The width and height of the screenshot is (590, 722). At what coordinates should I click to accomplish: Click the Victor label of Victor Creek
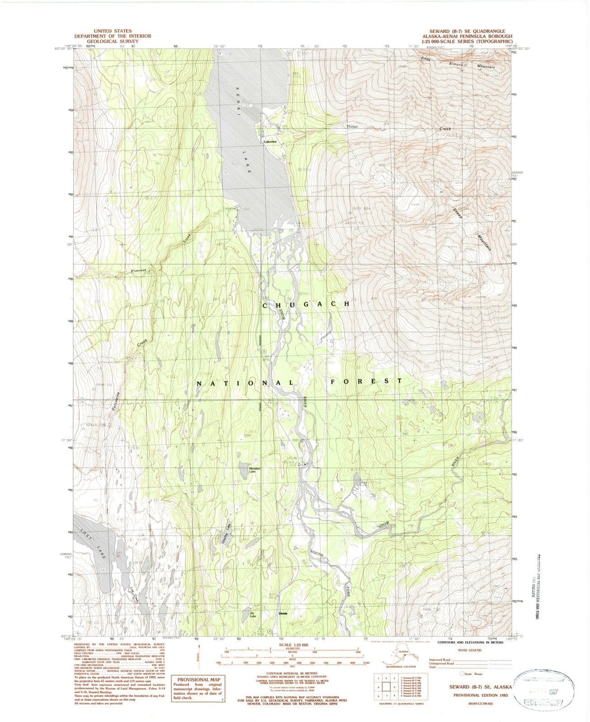pyautogui.click(x=352, y=127)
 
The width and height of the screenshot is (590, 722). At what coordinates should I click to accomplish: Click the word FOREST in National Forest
pyautogui.click(x=366, y=381)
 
